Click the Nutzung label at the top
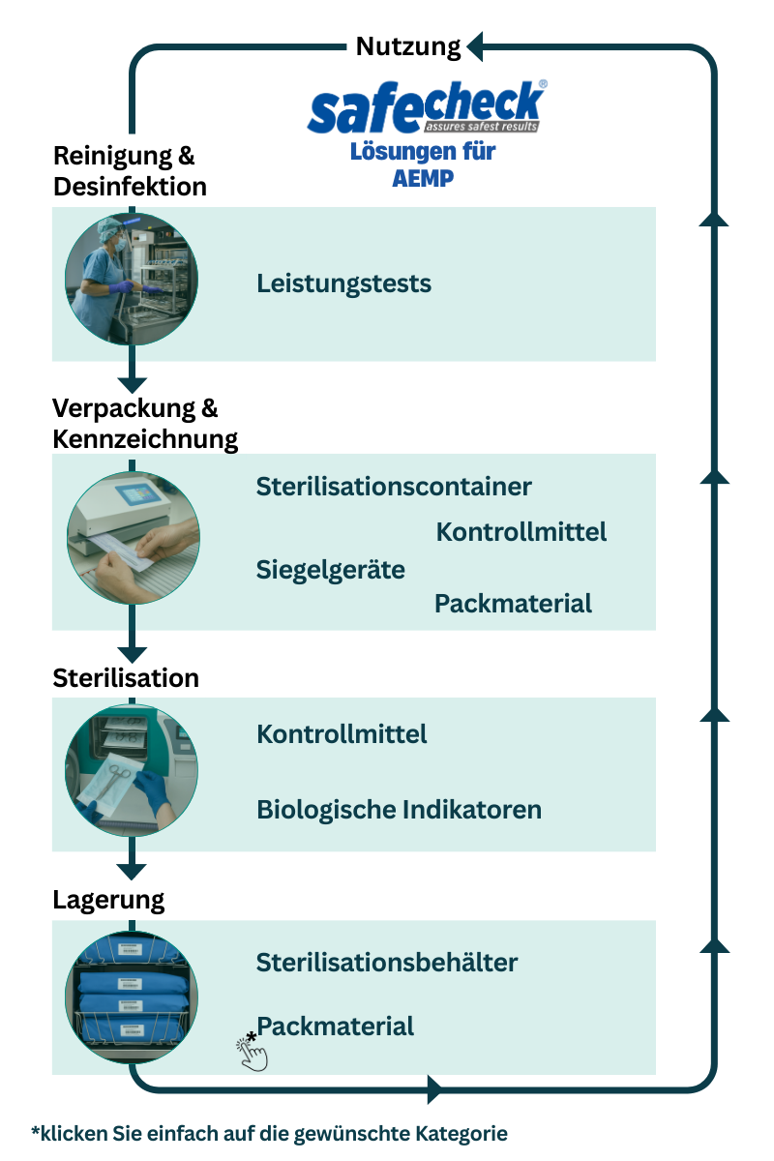[408, 46]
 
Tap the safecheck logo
[426, 107]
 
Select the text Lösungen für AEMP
[423, 164]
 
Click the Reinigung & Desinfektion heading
[130, 170]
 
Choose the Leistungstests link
[343, 283]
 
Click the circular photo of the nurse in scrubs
[132, 280]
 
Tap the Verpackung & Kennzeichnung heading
[145, 423]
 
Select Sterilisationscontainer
[394, 486]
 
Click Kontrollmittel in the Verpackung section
[521, 531]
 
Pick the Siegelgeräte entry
[330, 569]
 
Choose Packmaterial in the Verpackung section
[513, 604]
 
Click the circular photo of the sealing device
[133, 539]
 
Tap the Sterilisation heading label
[126, 677]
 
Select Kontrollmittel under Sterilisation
[342, 733]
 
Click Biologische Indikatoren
[399, 809]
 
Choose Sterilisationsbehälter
[387, 963]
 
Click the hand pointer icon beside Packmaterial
[252, 1052]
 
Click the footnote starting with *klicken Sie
[269, 1133]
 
